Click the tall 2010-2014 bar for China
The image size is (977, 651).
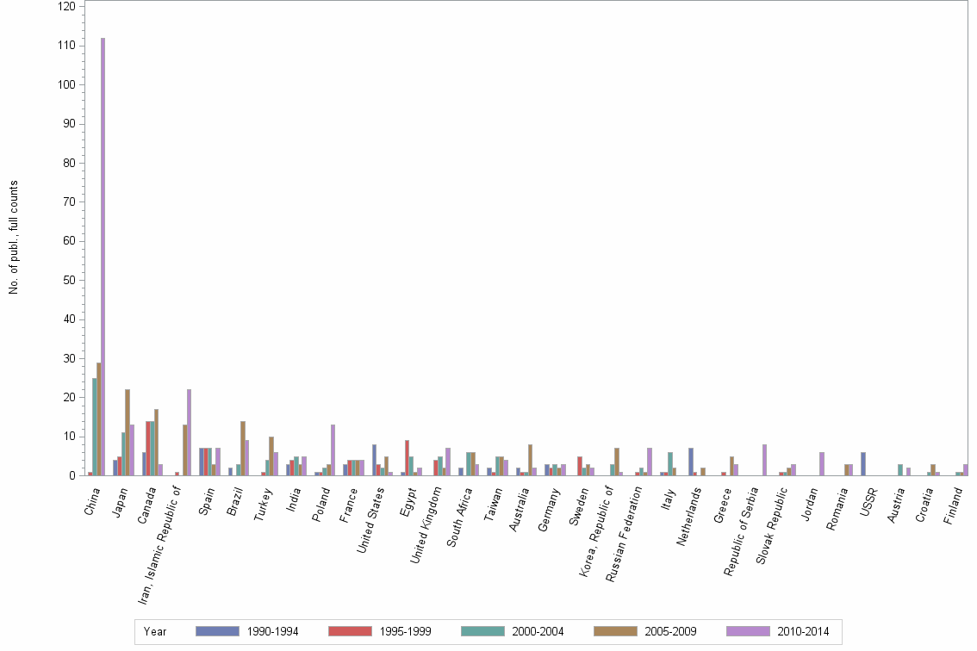pyautogui.click(x=103, y=258)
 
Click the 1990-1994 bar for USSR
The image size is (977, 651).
pyautogui.click(x=863, y=464)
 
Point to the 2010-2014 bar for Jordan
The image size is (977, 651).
pyautogui.click(x=822, y=464)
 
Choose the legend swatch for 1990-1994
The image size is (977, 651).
pyautogui.click(x=217, y=631)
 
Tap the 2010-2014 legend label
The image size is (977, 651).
pyautogui.click(x=804, y=632)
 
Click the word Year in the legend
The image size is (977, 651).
pyautogui.click(x=156, y=632)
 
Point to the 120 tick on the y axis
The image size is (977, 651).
pyautogui.click(x=66, y=6)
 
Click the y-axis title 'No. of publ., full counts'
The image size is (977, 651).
pyautogui.click(x=14, y=238)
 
